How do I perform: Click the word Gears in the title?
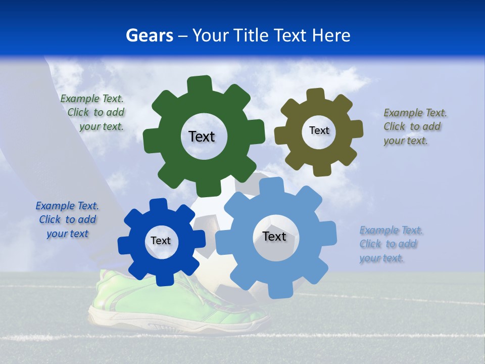coord(149,35)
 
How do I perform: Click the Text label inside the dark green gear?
coord(202,136)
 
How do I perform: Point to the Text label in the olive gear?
coord(319,130)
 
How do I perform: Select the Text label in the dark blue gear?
coord(161,241)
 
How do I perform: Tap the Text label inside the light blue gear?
coord(274,236)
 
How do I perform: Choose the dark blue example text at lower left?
coord(67,220)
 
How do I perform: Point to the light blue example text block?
coord(389,244)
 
